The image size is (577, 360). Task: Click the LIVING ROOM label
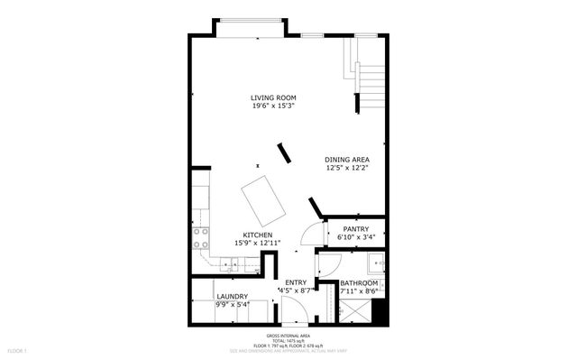(273, 97)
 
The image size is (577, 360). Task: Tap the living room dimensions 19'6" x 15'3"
(273, 106)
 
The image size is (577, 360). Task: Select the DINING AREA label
(347, 159)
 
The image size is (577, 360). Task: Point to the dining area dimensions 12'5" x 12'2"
(347, 168)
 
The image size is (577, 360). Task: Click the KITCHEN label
(258, 235)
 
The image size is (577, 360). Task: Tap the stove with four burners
(200, 237)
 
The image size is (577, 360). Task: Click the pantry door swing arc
(309, 234)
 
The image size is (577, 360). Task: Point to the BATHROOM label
(358, 283)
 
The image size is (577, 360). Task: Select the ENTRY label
(296, 282)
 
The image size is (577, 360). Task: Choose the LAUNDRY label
(232, 297)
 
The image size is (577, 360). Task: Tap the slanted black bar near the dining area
(285, 152)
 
